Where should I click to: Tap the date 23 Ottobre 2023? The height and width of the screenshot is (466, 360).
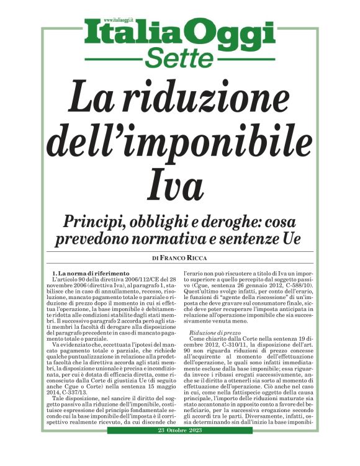179,447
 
